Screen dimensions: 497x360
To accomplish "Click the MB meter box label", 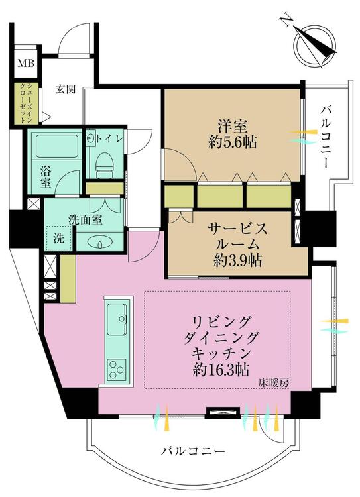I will [x=26, y=64].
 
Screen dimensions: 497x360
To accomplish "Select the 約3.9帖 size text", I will [x=237, y=260].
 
